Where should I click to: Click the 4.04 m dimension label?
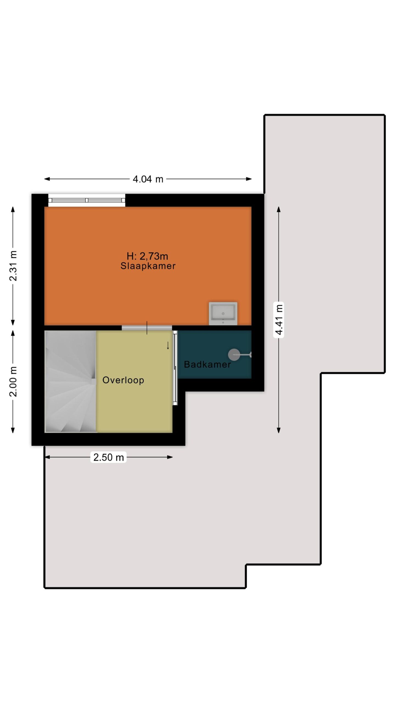148,179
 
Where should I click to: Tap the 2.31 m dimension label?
13,266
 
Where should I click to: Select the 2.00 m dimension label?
13,381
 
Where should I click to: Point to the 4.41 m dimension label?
279,320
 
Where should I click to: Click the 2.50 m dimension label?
108,457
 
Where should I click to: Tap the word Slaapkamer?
148,266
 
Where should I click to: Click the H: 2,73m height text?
147,256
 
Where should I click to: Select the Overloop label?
123,380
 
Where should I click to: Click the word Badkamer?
207,364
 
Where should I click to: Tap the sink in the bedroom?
223,314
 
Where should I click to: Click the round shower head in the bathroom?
234,355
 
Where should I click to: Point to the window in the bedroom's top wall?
87,200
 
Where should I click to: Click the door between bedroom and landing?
147,328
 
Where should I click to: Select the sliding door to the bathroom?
175,368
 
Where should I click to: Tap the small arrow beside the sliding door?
168,345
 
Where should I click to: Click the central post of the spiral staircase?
94,382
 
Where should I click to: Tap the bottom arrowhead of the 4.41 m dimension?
279,430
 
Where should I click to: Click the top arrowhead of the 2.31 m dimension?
13,209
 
